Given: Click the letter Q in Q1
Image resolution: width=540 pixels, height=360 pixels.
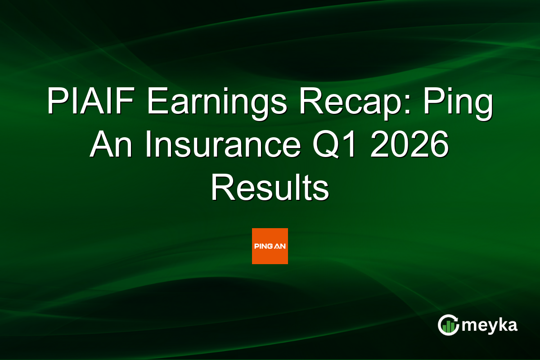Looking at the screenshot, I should (335, 144).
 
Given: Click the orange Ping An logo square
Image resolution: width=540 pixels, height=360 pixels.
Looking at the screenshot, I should (270, 246).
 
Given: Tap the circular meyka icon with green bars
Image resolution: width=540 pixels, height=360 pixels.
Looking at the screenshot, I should (449, 325).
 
